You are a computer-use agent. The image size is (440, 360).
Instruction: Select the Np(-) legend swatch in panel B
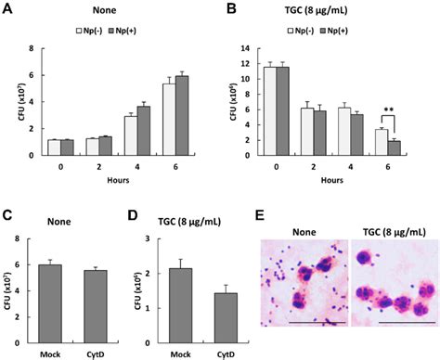(x=324, y=31)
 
